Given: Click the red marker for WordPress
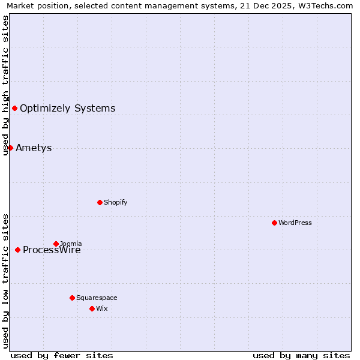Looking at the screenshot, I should click(274, 223).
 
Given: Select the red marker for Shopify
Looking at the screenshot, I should click(100, 202).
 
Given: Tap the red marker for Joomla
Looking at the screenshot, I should click(56, 244).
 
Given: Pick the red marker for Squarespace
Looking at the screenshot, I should click(72, 298).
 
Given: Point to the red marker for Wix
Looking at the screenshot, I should click(92, 308).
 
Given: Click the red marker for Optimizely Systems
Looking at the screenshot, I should click(14, 108).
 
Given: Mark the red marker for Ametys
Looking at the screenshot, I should click(10, 148).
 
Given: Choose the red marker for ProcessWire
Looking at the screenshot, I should click(17, 250).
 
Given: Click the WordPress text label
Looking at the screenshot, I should click(295, 223).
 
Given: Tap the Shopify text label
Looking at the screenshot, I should click(116, 202).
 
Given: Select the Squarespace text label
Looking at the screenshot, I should click(97, 298).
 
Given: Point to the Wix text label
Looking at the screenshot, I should click(101, 308).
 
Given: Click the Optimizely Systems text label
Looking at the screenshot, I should click(67, 109).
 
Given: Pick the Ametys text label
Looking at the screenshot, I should click(34, 148).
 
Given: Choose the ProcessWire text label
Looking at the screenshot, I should click(52, 250).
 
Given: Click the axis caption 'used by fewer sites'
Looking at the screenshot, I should click(62, 355).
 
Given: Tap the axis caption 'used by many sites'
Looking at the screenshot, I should click(301, 355).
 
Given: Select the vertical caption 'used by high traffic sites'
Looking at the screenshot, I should click(5, 85).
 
